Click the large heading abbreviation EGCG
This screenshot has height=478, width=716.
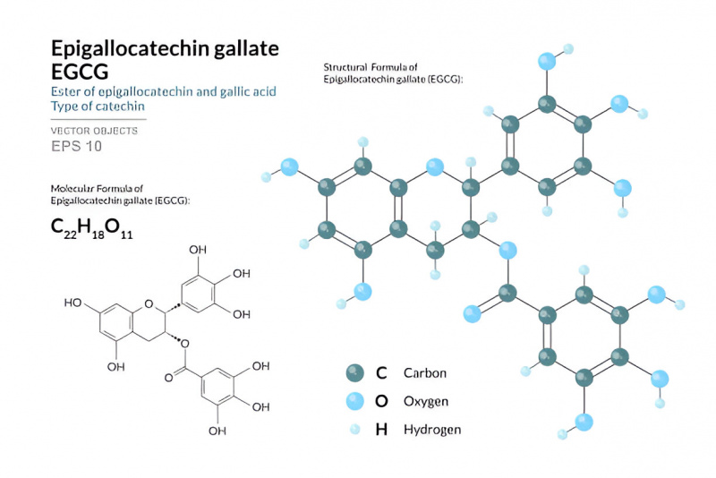click(x=80, y=72)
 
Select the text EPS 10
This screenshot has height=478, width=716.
click(x=76, y=146)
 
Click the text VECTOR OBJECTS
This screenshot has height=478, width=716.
click(x=94, y=131)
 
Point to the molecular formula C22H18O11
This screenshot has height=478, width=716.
click(x=92, y=228)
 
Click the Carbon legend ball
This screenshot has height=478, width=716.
click(x=354, y=373)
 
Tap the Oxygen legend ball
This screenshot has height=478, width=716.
click(x=354, y=401)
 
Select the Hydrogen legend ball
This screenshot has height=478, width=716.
click(x=354, y=429)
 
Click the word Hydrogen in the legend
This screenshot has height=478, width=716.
click(x=432, y=430)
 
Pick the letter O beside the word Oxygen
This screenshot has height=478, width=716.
click(x=381, y=401)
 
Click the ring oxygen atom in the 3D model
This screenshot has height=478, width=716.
click(x=435, y=167)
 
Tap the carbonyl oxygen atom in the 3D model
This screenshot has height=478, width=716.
click(x=473, y=313)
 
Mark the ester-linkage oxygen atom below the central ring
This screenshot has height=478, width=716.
click(x=507, y=250)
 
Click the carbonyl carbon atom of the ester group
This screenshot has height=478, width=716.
click(x=507, y=293)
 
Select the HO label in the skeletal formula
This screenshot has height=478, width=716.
click(x=72, y=303)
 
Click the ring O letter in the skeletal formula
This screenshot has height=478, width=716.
click(x=149, y=304)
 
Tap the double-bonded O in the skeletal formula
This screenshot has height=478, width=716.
click(x=169, y=378)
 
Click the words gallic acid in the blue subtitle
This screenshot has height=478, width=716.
click(x=248, y=92)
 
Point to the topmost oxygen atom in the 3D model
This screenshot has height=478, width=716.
click(x=547, y=61)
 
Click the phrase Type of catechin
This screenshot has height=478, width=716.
click(x=98, y=107)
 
